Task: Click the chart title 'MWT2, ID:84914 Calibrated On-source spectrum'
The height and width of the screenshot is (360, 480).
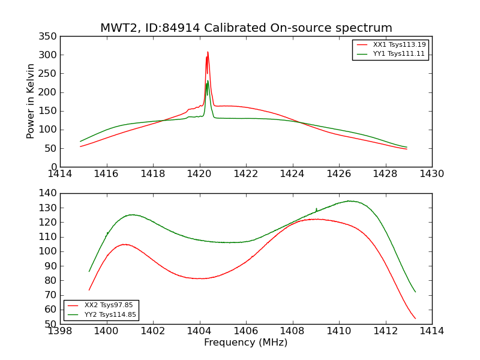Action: (x=246, y=28)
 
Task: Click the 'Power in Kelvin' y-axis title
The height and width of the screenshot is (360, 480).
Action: (x=31, y=101)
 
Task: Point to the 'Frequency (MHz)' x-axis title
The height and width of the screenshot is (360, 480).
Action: (x=246, y=343)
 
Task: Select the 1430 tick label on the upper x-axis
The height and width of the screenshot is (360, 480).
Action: (x=431, y=174)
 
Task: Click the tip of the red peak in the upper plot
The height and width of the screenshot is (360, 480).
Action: (x=208, y=52)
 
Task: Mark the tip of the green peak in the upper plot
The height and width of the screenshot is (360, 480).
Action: (x=208, y=81)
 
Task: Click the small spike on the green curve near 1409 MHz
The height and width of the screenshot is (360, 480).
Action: (x=316, y=208)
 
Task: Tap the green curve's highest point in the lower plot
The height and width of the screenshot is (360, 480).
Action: (x=350, y=201)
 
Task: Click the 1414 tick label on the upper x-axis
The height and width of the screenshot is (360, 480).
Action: (x=60, y=174)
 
